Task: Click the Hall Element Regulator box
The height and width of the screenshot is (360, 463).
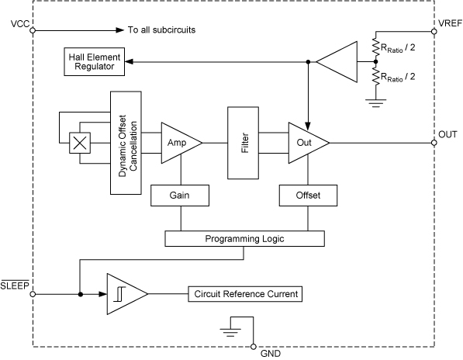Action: [x=95, y=61]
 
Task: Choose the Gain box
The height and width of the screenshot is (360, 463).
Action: [x=180, y=196]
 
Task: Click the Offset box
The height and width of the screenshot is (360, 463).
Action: [x=308, y=196]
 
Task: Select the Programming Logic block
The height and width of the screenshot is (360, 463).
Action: [x=244, y=239]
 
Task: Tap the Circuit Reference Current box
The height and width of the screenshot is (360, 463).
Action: [x=244, y=295]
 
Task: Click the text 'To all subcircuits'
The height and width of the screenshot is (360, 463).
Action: [x=161, y=31]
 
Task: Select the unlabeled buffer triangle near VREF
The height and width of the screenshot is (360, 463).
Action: [x=340, y=61]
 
